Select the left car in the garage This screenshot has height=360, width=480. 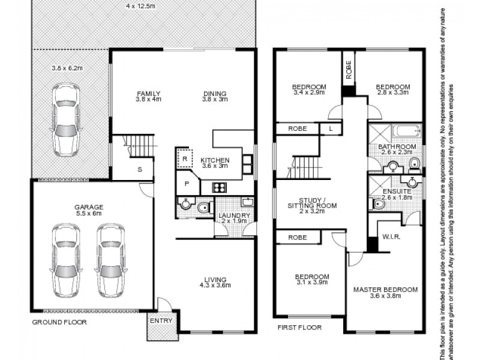[66, 260]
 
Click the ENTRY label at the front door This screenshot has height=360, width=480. [161, 320]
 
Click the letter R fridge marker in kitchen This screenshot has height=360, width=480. [185, 159]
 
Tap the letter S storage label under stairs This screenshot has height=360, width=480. [140, 169]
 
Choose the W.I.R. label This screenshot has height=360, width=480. [391, 237]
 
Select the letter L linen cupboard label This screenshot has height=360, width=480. [331, 128]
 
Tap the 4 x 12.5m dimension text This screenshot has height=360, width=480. [141, 6]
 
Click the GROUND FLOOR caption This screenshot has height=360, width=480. [59, 322]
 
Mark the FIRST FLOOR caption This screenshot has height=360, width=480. [299, 328]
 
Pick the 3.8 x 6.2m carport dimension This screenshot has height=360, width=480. [67, 68]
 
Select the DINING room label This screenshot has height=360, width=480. [214, 94]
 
